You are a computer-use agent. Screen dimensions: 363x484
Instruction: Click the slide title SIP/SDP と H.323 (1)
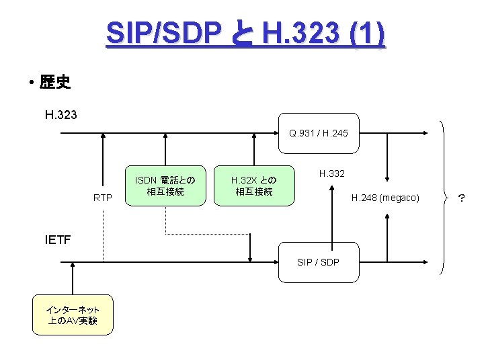pos(245,34)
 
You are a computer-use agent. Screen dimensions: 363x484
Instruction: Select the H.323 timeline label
pos(61,115)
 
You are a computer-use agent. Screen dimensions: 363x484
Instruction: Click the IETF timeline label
pos(58,239)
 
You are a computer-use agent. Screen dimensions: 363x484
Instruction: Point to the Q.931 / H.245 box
pos(319,133)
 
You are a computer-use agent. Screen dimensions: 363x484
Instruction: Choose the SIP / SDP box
pos(319,261)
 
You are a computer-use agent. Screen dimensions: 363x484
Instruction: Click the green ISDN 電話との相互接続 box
pos(165,186)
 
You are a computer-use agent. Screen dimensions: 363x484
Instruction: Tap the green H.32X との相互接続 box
pos(253,186)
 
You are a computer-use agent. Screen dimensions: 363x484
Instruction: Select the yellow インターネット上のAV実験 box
pos(72,315)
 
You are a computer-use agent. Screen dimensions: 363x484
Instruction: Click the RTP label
pos(103,198)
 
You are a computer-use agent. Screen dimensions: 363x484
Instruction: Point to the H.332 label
pos(332,174)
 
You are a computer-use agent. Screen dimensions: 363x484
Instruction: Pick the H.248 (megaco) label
pos(386,198)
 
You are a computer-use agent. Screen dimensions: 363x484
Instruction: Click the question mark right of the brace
pos(461,198)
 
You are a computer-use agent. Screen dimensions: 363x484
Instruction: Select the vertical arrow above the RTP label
pos(103,161)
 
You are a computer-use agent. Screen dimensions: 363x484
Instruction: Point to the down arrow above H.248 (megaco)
pos(387,158)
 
